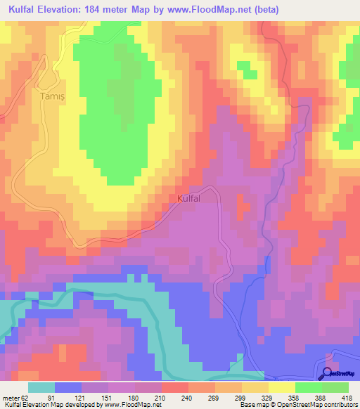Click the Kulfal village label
point(190,199)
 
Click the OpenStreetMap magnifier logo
point(328,373)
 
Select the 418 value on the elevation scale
point(347,397)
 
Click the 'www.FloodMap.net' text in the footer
point(132,405)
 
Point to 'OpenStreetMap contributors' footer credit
point(314,405)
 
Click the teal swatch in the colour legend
point(41,387)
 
